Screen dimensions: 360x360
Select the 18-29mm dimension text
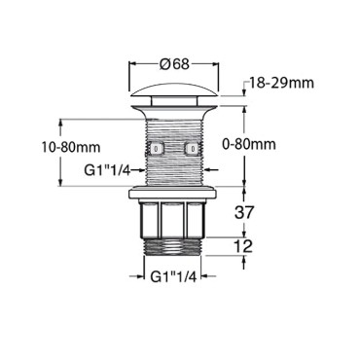(282, 84)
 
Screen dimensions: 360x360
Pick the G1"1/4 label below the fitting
(175, 275)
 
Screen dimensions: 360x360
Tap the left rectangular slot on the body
(157, 150)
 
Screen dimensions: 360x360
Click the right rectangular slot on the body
(192, 150)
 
